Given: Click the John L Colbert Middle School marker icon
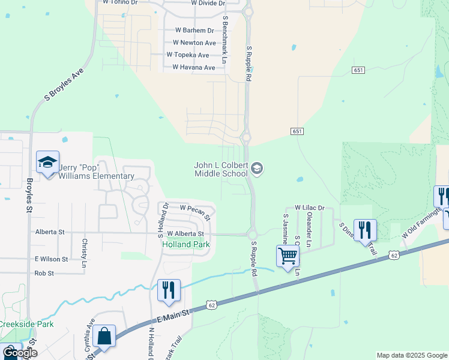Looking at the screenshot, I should [x=257, y=169].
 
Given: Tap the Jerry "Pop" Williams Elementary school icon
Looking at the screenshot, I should [x=47, y=163].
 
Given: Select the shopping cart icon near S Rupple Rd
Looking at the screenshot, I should [x=288, y=256].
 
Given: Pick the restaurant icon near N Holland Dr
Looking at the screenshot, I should [x=169, y=290].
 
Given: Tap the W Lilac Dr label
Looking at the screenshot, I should [x=309, y=208].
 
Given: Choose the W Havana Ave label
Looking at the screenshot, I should [x=193, y=68].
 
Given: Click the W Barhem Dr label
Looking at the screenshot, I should [x=194, y=30].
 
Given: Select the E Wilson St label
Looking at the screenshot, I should [x=50, y=259].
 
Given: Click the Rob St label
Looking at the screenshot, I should [x=44, y=273].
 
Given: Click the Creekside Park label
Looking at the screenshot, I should [x=26, y=325].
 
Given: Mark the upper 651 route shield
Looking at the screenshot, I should [x=359, y=70].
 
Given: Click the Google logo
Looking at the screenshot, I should [x=20, y=353].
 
